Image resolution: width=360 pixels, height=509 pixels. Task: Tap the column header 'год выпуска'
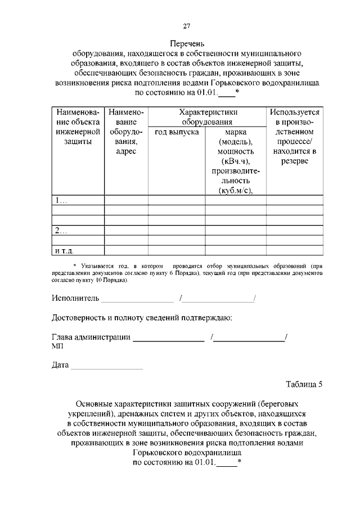tap(177, 132)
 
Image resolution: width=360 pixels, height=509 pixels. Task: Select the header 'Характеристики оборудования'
tap(206, 117)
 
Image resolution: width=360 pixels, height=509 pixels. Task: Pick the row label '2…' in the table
tap(60, 231)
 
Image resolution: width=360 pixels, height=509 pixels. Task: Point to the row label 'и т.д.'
tap(65, 250)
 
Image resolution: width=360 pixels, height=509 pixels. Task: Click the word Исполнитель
tap(75, 298)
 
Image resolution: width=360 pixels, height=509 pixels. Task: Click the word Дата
tap(61, 366)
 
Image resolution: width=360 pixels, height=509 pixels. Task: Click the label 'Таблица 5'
tap(304, 385)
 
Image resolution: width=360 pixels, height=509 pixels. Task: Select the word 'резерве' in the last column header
tap(295, 162)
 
